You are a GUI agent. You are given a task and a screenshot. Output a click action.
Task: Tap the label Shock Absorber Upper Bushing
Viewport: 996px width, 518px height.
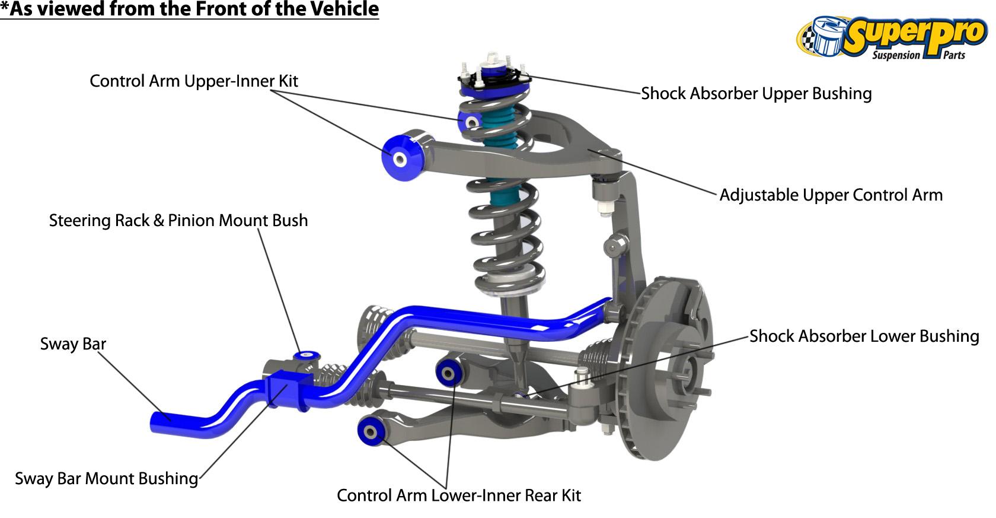[x=756, y=94]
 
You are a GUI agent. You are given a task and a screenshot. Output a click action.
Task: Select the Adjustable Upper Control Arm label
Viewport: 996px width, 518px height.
[x=831, y=195]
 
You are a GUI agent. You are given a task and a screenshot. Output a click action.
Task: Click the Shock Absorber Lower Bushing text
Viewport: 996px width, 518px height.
[x=864, y=336]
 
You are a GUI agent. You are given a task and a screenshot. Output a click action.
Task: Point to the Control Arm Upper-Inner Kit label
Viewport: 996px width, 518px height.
[x=193, y=81]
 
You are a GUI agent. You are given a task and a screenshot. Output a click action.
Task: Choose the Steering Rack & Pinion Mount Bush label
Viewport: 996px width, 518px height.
[x=178, y=221]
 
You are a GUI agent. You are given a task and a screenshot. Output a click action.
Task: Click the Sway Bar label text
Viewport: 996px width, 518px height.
[x=73, y=344]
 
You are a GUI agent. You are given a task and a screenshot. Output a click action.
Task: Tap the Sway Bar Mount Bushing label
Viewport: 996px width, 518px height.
[x=106, y=479]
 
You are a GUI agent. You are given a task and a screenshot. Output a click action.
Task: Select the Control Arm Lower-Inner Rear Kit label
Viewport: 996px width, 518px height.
[x=458, y=495]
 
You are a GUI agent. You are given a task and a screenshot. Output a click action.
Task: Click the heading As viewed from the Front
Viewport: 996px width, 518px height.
[x=190, y=9]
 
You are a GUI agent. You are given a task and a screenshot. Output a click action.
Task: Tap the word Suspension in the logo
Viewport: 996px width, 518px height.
[x=896, y=56]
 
